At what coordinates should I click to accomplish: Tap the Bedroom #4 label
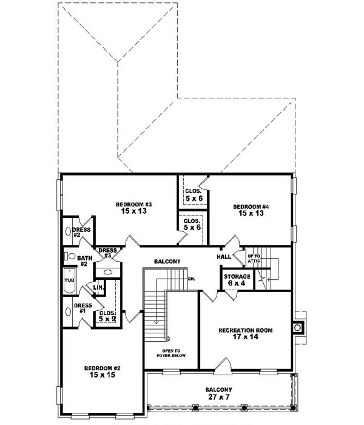pyautogui.click(x=251, y=207)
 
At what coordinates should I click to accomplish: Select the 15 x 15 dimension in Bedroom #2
pyautogui.click(x=101, y=375)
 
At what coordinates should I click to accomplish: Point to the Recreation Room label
pyautogui.click(x=245, y=330)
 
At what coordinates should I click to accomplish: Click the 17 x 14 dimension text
pyautogui.click(x=245, y=339)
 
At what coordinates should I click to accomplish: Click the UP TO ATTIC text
pyautogui.click(x=254, y=259)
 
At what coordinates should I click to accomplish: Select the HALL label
pyautogui.click(x=223, y=257)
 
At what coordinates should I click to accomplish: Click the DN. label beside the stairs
pyautogui.click(x=191, y=279)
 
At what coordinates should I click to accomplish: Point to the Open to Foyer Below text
pyautogui.click(x=171, y=353)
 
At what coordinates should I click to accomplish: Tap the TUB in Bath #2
pyautogui.click(x=69, y=280)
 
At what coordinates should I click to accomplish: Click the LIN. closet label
pyautogui.click(x=97, y=288)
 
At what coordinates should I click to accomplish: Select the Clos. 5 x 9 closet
pyautogui.click(x=107, y=316)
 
